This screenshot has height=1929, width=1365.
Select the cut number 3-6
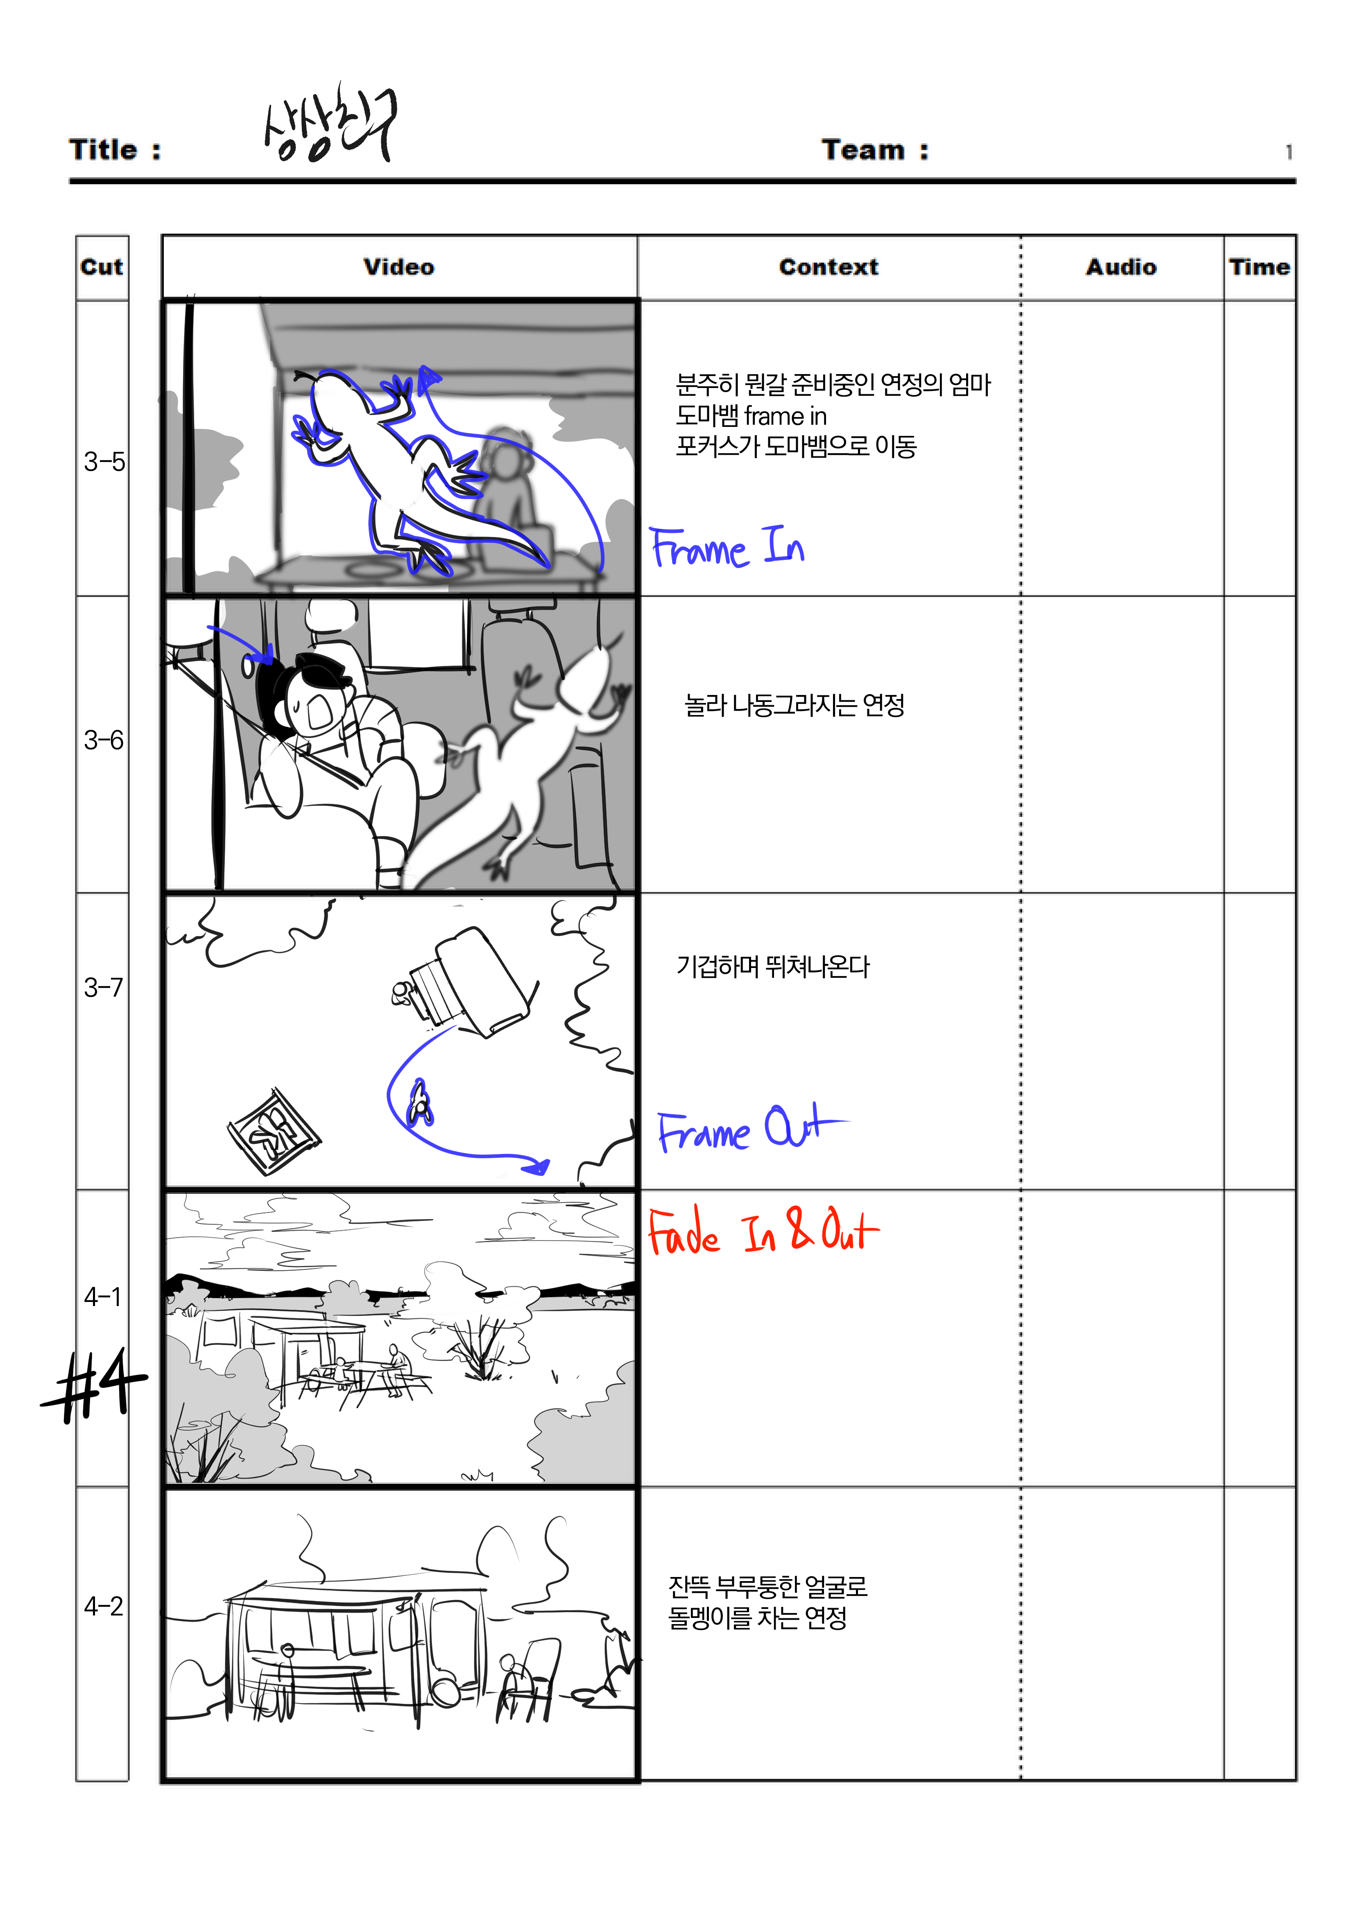point(103,740)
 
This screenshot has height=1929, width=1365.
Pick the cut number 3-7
point(103,987)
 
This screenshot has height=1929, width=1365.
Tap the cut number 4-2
point(103,1606)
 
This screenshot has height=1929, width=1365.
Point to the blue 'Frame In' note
point(727,548)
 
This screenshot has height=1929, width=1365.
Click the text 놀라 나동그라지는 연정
point(794,705)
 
